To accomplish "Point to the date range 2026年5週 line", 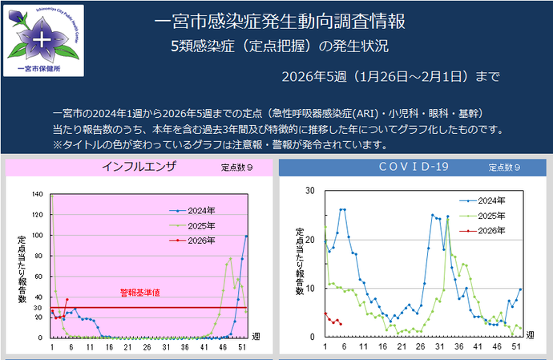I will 391,77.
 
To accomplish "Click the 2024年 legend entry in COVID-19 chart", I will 488,201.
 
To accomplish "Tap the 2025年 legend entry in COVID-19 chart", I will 488,216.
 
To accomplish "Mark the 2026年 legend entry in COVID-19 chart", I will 488,230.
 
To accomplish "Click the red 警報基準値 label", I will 140,293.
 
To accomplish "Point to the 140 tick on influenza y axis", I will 37,194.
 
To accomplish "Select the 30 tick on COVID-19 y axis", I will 309,191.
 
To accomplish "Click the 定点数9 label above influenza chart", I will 237,168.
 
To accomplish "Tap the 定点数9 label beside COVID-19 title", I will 505,168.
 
